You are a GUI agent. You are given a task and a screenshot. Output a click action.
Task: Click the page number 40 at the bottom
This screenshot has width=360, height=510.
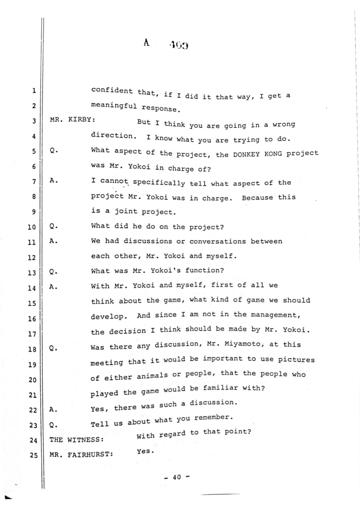coord(177,477)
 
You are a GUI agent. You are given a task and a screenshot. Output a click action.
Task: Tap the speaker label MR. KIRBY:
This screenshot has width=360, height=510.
coord(72,120)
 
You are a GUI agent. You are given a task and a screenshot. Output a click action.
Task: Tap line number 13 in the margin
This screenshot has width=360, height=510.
coord(32,273)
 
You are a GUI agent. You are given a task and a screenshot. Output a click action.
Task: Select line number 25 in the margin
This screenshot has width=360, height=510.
coord(33,454)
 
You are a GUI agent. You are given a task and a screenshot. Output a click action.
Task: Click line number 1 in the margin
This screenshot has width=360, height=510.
coord(34,91)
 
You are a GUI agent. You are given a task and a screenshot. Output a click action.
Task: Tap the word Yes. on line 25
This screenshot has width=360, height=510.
coord(146,452)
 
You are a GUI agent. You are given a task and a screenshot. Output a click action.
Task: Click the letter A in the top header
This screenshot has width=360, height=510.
coord(146,43)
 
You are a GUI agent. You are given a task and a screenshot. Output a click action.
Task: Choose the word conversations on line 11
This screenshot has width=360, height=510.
coord(217,241)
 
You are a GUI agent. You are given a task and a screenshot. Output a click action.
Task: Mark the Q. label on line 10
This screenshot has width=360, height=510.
coord(54,226)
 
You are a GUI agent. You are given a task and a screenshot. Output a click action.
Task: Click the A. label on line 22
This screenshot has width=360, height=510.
coord(54,409)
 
